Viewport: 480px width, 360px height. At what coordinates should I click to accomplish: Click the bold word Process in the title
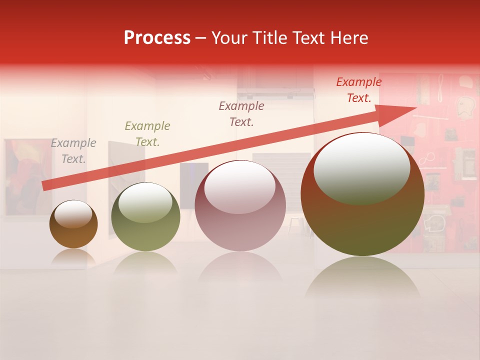157,38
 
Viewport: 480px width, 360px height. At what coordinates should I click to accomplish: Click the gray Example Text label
73,150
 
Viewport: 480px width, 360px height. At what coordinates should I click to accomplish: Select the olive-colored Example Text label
147,133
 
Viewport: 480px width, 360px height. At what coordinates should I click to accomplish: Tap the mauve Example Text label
241,113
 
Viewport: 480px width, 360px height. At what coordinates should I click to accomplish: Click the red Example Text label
359,90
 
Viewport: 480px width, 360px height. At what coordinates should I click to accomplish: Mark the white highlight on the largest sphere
362,167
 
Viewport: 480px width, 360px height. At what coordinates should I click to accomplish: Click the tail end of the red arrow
45,185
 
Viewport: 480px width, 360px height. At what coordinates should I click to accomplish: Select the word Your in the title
229,38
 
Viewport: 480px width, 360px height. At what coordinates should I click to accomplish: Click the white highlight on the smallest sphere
73,214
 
